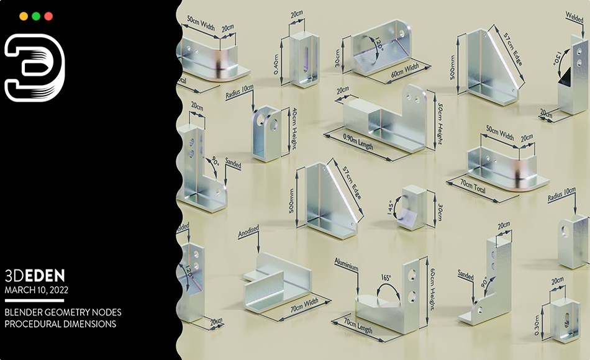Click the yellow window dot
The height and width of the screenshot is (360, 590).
pos(24,17)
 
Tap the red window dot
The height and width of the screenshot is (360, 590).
pos(48,17)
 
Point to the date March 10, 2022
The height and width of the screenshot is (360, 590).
pos(37,289)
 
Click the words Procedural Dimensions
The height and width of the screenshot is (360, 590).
pos(60,323)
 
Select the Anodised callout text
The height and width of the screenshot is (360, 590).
pos(248,233)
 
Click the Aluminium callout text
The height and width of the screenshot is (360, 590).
pos(346,268)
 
